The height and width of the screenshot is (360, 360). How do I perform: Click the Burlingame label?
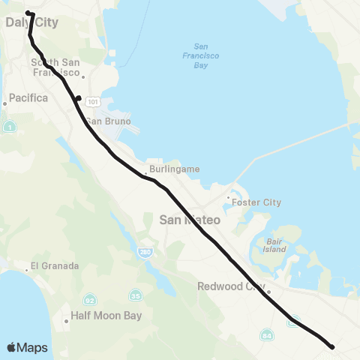point(174,169)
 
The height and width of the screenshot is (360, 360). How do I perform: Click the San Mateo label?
point(190,220)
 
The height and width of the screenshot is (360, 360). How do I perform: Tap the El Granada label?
point(53,266)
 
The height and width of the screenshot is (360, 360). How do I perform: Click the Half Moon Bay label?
point(106,316)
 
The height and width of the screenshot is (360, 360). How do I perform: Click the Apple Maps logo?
point(27,347)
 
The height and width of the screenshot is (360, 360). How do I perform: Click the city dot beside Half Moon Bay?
point(66,321)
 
